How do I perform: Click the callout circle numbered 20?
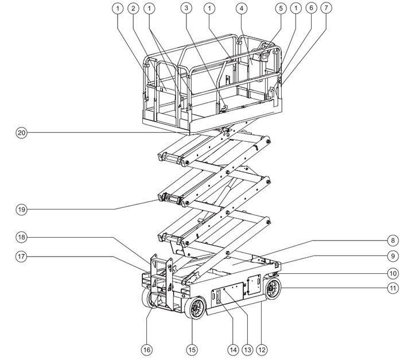(21, 133)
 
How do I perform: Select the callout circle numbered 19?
(21, 210)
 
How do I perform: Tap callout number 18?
(21, 237)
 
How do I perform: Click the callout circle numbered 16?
(147, 349)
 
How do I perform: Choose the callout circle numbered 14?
(233, 349)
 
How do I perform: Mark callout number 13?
(248, 349)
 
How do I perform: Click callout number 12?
(263, 349)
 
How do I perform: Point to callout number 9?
(392, 256)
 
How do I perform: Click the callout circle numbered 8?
(392, 240)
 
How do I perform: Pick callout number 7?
(327, 9)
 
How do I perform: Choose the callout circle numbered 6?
(310, 9)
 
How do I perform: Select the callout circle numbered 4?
(242, 9)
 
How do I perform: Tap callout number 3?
(185, 9)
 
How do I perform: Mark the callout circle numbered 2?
(133, 9)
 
